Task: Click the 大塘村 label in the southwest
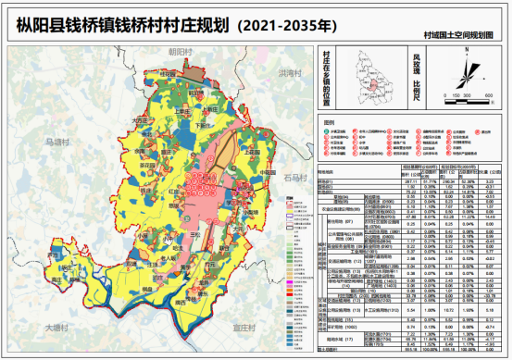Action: pyautogui.click(x=57, y=327)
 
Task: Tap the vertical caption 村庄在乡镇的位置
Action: pyautogui.click(x=325, y=80)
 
